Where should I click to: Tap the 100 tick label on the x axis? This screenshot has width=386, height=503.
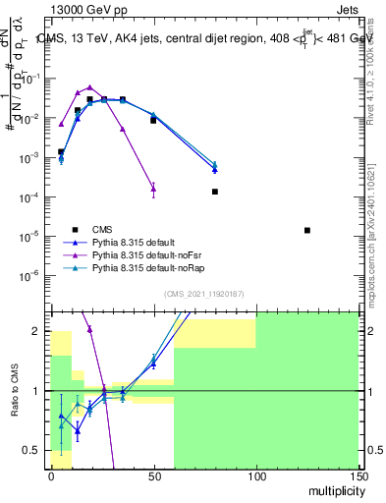(x=255, y=475)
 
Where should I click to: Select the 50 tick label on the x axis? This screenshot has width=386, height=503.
(x=153, y=475)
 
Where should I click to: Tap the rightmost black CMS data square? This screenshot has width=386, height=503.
(x=307, y=230)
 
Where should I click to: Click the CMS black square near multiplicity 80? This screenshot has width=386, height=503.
(x=214, y=192)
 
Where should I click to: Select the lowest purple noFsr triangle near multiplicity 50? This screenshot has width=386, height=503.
(x=153, y=189)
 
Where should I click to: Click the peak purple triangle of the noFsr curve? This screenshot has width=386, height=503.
(x=89, y=87)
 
